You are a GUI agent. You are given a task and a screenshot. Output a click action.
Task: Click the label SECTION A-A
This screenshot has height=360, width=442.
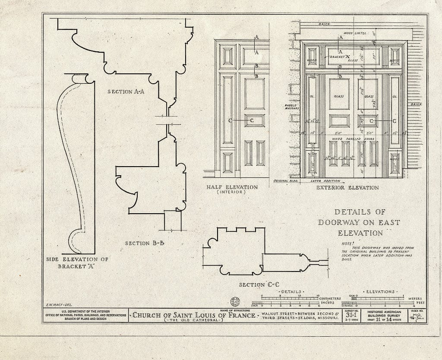click(x=126, y=92)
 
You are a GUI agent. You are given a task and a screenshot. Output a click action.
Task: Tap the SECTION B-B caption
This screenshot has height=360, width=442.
click(x=145, y=243)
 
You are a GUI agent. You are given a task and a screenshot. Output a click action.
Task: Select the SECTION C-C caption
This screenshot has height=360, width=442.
click(x=259, y=284)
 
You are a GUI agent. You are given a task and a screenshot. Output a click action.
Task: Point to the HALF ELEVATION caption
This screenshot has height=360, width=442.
click(x=232, y=187)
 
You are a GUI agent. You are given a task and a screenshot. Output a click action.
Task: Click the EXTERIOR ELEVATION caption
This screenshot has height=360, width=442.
click(x=347, y=188)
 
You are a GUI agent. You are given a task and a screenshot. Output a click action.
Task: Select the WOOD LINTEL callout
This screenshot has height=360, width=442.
click(x=355, y=33)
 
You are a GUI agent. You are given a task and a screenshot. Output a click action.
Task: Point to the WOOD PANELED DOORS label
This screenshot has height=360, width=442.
click(x=350, y=139)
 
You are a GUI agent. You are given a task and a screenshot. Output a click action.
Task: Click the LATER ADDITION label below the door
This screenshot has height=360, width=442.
click(x=325, y=181)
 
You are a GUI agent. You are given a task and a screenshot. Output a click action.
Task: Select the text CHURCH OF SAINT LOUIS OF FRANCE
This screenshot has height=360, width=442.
click(x=193, y=315)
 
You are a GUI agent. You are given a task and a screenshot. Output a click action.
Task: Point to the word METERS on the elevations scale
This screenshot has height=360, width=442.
click(x=415, y=297)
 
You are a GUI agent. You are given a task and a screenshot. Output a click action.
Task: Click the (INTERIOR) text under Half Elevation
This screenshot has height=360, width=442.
click(x=232, y=193)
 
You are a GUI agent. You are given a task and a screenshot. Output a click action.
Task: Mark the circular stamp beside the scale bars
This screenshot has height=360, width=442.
click(x=236, y=301)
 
